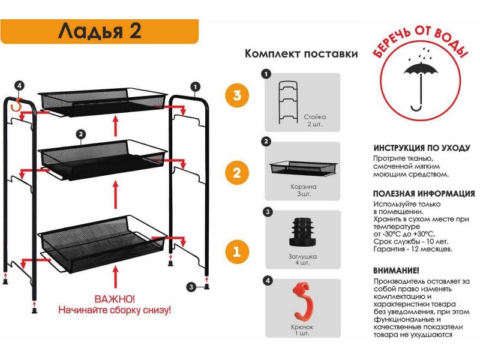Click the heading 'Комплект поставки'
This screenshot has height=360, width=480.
[301, 53]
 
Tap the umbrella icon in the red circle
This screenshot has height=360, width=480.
[421, 82]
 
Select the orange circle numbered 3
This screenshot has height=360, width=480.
[237, 95]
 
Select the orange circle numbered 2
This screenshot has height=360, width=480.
[237, 173]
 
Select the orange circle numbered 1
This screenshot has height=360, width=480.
[237, 251]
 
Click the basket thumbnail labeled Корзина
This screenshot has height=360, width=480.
[302, 169]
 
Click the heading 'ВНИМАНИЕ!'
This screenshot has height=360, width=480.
[396, 271]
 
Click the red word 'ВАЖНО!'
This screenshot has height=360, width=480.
[115, 299]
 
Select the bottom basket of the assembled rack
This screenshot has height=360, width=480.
[102, 240]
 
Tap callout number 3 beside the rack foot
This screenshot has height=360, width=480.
[191, 287]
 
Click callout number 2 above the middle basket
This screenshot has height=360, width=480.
[79, 134]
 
